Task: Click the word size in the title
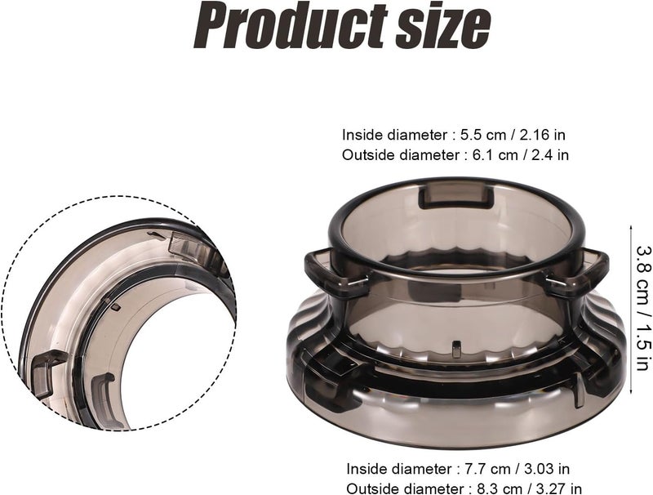(442, 27)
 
